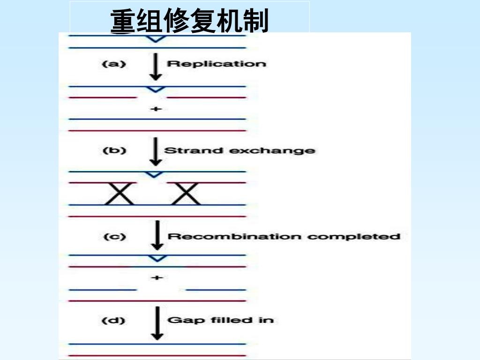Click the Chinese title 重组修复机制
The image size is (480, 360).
[x=189, y=22]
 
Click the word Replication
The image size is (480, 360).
[x=216, y=64]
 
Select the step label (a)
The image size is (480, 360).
[x=114, y=64]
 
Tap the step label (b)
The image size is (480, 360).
[x=114, y=151]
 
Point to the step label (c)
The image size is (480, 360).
[x=114, y=237]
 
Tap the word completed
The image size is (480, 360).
[x=353, y=237]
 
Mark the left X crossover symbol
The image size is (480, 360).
[x=119, y=194]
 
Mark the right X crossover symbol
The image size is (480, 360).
[x=186, y=194]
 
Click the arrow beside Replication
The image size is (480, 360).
[x=157, y=67]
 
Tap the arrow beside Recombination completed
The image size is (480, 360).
[x=158, y=235]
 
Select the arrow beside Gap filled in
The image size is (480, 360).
[x=157, y=322]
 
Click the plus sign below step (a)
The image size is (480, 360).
[x=157, y=109]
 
